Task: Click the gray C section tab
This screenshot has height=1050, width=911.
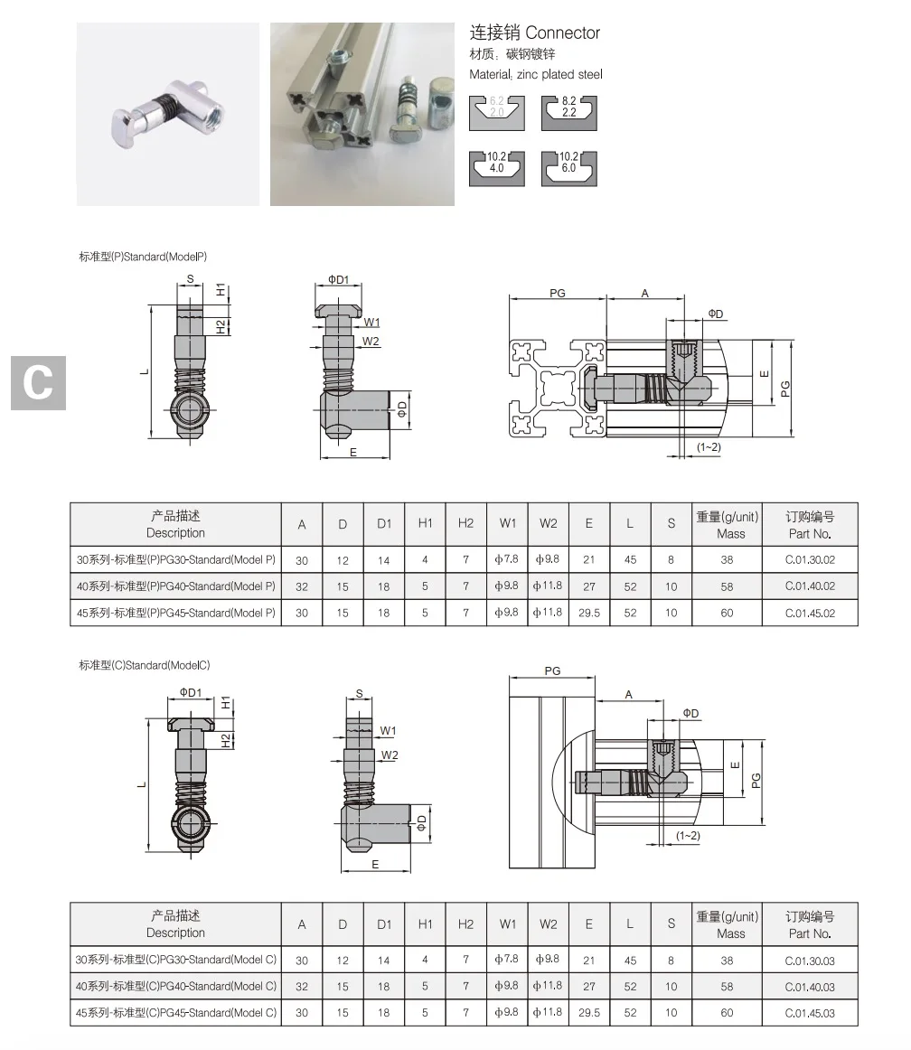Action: coord(38,382)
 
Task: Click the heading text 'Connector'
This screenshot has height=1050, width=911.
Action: coord(562,33)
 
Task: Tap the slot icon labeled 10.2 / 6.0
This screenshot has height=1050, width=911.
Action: coord(569,167)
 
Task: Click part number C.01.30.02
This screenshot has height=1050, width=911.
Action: coord(809,559)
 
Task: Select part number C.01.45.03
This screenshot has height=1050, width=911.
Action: coord(809,1013)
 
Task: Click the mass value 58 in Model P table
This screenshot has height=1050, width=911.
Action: coord(727,586)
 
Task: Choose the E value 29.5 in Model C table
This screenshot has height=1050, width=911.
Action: coord(589,1013)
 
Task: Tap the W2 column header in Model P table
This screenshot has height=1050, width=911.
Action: coord(549,524)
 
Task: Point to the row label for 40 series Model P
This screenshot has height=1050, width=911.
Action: coord(176,586)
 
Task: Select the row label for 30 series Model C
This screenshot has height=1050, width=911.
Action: coord(176,960)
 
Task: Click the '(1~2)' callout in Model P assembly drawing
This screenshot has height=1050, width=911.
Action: coord(709,447)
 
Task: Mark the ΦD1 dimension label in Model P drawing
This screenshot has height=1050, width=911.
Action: coord(337,279)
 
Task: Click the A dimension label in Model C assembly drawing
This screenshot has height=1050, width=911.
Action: coord(628,694)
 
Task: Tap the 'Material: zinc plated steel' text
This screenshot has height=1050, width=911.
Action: coord(535,74)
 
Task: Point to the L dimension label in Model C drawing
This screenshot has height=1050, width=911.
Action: coord(141,783)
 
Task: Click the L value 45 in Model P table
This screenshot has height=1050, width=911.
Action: coord(630,559)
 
